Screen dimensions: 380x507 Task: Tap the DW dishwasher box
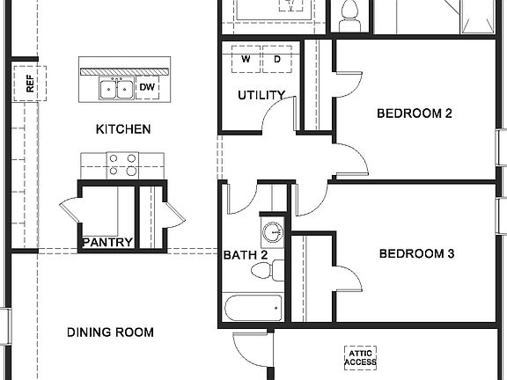[x=147, y=88]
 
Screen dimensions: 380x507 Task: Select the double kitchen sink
[x=118, y=89]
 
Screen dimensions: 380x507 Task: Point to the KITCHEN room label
[x=122, y=129]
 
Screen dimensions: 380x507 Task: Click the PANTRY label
[x=107, y=242]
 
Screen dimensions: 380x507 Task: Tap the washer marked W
[x=246, y=60]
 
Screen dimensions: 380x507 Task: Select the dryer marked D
[x=276, y=60]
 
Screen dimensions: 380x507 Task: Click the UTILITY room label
[x=261, y=95]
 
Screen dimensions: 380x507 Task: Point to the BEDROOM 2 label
[x=414, y=113]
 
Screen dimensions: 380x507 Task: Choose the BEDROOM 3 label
[x=415, y=254]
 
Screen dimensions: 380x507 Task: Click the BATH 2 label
[x=245, y=255]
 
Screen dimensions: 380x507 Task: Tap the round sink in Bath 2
[x=273, y=232]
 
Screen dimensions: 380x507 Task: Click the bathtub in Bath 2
[x=252, y=308]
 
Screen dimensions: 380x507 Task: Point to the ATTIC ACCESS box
[x=359, y=357]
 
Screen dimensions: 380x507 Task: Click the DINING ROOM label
[x=111, y=332]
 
